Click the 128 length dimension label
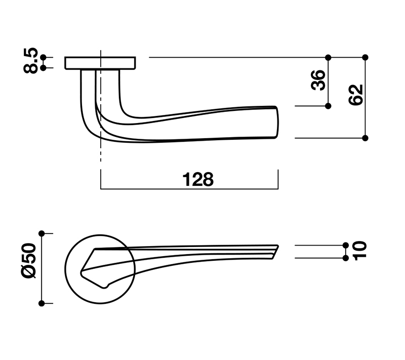[197, 179]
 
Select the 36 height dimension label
[318, 80]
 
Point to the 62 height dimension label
[356, 95]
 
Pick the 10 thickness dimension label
[359, 251]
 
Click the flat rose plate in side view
[101, 63]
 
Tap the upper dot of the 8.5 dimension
[43, 57]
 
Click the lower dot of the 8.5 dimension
[43, 67]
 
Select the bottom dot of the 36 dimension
[329, 106]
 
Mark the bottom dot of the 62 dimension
[366, 138]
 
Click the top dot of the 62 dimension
[366, 57]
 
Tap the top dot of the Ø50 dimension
[42, 233]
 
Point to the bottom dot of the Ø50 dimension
[42, 303]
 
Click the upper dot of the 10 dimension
[346, 245]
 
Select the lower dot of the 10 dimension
[346, 258]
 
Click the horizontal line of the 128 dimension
[189, 189]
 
